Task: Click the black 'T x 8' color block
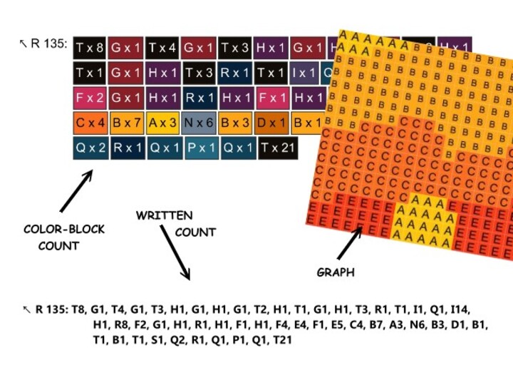point(90,48)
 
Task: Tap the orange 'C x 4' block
point(90,123)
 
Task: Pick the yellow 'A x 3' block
point(163,123)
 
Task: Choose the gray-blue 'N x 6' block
point(199,123)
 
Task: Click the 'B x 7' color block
point(127,123)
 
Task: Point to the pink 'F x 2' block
point(90,98)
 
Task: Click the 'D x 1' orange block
point(271,123)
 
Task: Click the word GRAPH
point(335,272)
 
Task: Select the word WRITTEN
point(164,215)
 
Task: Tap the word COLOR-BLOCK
point(64,230)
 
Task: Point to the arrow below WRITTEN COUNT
point(175,253)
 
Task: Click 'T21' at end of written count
point(282,341)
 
